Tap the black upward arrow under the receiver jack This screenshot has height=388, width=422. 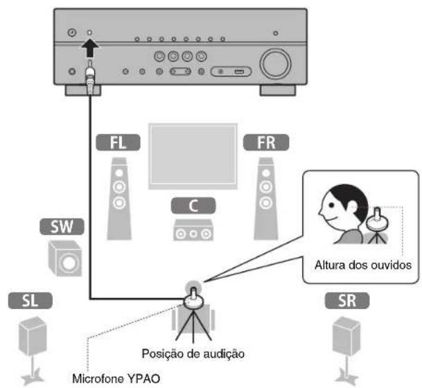[90, 49]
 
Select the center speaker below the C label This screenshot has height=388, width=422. [191, 231]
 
